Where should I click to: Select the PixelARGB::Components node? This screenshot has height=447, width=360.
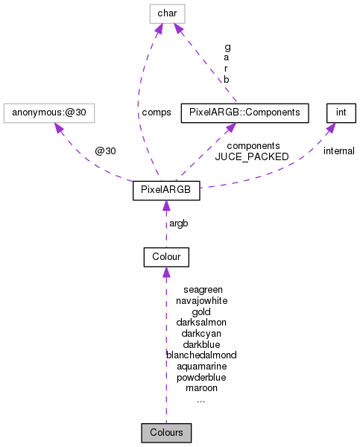pyautogui.click(x=244, y=113)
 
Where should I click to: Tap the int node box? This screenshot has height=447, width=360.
pyautogui.click(x=341, y=113)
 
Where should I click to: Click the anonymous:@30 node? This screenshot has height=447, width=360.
pyautogui.click(x=50, y=113)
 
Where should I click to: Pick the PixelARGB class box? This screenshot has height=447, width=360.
pyautogui.click(x=165, y=191)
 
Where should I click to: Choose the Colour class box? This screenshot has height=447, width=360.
pyautogui.click(x=165, y=257)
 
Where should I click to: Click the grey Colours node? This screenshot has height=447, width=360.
pyautogui.click(x=165, y=432)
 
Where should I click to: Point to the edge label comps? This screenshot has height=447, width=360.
pyautogui.click(x=156, y=112)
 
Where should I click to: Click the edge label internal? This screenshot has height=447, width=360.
pyautogui.click(x=338, y=151)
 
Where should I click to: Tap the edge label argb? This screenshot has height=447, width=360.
pyautogui.click(x=179, y=223)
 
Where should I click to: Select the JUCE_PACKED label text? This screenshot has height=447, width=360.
pyautogui.click(x=252, y=157)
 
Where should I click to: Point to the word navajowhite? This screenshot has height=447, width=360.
pyautogui.click(x=201, y=301)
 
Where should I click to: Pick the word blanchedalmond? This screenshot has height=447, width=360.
pyautogui.click(x=201, y=355)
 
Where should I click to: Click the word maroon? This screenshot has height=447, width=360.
pyautogui.click(x=201, y=388)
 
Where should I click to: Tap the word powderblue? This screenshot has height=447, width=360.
pyautogui.click(x=201, y=377)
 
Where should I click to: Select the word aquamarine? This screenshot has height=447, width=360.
pyautogui.click(x=201, y=367)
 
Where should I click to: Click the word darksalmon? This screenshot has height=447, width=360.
pyautogui.click(x=201, y=323)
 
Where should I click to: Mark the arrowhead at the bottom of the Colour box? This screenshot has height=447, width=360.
pyautogui.click(x=165, y=273)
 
